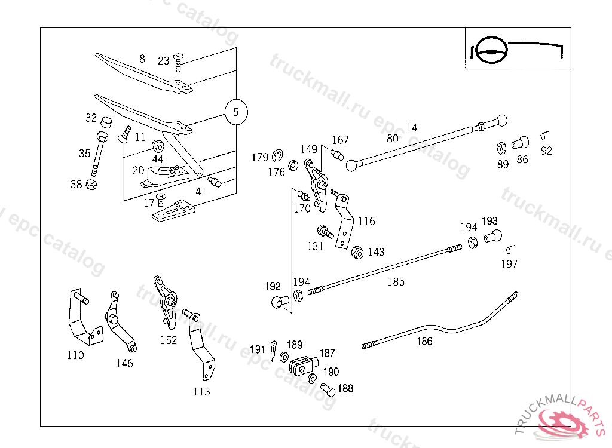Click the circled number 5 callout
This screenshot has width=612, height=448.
pyautogui.click(x=236, y=112)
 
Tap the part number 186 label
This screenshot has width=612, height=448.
pyautogui.click(x=424, y=342)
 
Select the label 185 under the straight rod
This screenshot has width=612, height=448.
pyautogui.click(x=396, y=282)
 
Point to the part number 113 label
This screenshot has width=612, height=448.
pyautogui.click(x=201, y=392)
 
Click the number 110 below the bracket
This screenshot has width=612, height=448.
pyautogui.click(x=75, y=355)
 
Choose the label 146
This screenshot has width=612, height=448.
pyautogui.click(x=124, y=363)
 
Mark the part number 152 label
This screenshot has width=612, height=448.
pyautogui.click(x=169, y=340)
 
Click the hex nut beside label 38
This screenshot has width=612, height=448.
pyautogui.click(x=91, y=184)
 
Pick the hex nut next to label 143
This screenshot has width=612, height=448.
pyautogui.click(x=357, y=252)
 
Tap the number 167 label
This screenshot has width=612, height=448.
pyautogui.click(x=340, y=140)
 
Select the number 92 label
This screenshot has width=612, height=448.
pyautogui.click(x=546, y=151)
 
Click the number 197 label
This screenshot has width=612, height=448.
pyautogui.click(x=509, y=264)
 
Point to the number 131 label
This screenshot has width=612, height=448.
pyautogui.click(x=315, y=246)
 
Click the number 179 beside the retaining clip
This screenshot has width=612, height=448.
pyautogui.click(x=259, y=158)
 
